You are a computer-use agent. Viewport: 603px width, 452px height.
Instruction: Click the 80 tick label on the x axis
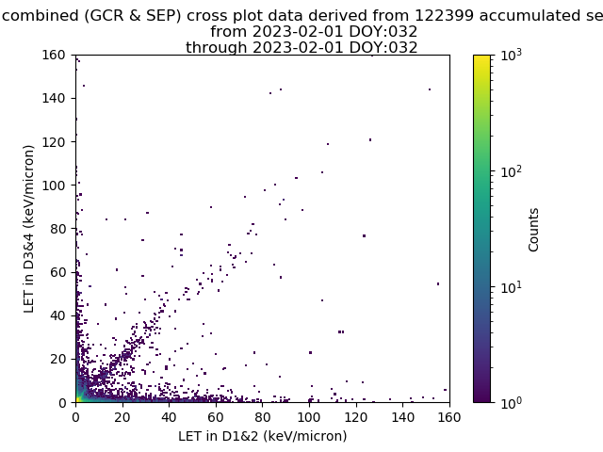(263, 416)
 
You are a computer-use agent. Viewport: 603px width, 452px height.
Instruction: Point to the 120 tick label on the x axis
(356, 416)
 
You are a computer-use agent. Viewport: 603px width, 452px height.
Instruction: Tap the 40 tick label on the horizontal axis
(170, 416)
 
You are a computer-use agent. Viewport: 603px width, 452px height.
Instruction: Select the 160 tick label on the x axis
(449, 416)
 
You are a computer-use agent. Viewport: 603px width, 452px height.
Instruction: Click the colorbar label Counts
(534, 229)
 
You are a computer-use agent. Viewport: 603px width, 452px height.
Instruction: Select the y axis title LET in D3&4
(29, 229)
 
